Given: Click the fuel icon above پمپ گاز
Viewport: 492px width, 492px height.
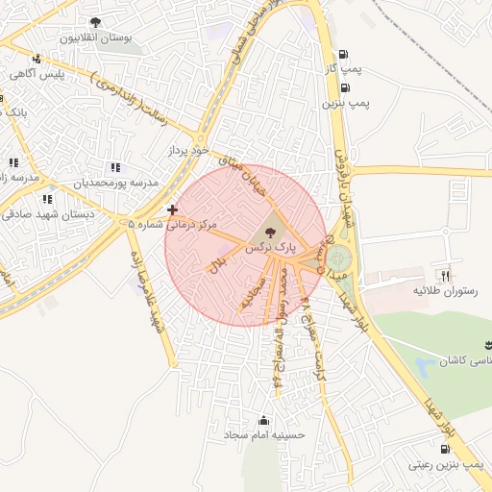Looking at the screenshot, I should click(344, 54).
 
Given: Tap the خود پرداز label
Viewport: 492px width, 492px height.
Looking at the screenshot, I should click(186, 152).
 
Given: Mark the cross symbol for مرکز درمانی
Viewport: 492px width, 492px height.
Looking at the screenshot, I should click(172, 209).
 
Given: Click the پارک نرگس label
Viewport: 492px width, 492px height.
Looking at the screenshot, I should click(268, 247).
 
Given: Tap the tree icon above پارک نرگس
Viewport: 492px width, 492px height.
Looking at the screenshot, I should click(269, 232).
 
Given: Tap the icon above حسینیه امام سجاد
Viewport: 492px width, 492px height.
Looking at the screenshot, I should click(264, 419).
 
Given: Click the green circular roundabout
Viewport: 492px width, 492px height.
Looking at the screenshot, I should click(338, 258).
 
